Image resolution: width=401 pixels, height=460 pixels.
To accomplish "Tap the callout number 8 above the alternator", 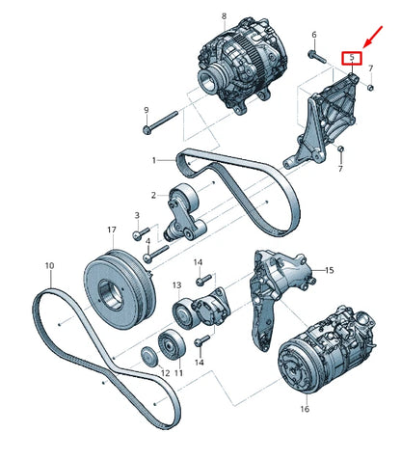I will click(224, 16).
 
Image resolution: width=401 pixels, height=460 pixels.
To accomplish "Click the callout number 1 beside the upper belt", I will click(153, 159).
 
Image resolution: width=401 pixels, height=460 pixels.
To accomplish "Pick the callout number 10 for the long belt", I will click(48, 265).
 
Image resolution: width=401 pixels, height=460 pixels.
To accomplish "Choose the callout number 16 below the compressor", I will click(305, 409).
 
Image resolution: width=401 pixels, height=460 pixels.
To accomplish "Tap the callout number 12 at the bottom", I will click(150, 373).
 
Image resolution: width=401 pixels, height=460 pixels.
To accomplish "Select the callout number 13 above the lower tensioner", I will click(176, 285).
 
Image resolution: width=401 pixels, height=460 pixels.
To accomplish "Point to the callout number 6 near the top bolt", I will click(313, 35).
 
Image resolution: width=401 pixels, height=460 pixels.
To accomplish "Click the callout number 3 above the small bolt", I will click(136, 215).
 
